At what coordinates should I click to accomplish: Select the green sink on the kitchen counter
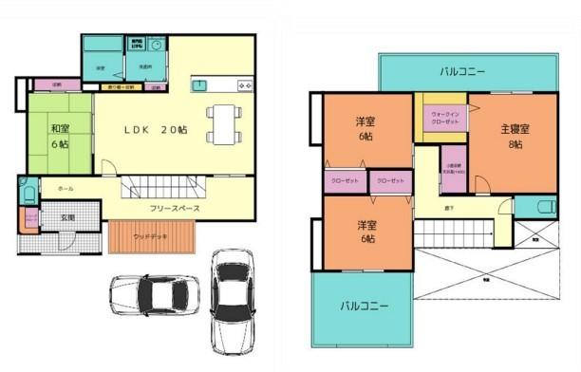pyautogui.click(x=200, y=86)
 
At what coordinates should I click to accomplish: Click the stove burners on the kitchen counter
pyautogui.click(x=245, y=86)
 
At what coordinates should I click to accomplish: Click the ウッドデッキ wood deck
pyautogui.click(x=151, y=236)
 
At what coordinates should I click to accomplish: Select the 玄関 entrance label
pyautogui.click(x=68, y=217)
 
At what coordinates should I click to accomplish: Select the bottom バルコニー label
pyautogui.click(x=365, y=307)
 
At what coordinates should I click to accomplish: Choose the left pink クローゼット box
pyautogui.click(x=345, y=180)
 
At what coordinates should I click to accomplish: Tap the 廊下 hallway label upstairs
pyautogui.click(x=446, y=205)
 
